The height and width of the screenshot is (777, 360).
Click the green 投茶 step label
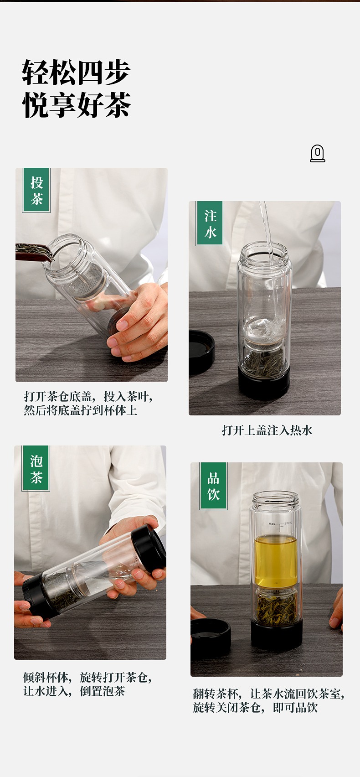(x=36, y=190)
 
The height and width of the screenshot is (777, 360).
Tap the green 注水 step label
(x=210, y=224)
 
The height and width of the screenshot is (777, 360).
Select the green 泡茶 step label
(x=36, y=468)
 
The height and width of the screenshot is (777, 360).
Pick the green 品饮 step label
(x=213, y=486)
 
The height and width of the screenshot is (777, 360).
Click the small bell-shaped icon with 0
(x=317, y=153)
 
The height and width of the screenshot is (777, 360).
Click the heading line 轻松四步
(x=76, y=73)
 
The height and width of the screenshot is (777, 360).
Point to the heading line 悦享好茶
(x=76, y=105)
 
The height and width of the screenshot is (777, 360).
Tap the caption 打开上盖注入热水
(x=267, y=430)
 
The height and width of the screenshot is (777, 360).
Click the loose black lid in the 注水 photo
(x=201, y=352)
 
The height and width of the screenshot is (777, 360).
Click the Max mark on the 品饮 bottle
(x=272, y=524)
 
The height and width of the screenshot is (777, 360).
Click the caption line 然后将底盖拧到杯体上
(x=81, y=411)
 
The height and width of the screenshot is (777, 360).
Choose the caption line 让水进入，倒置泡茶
(x=74, y=691)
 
